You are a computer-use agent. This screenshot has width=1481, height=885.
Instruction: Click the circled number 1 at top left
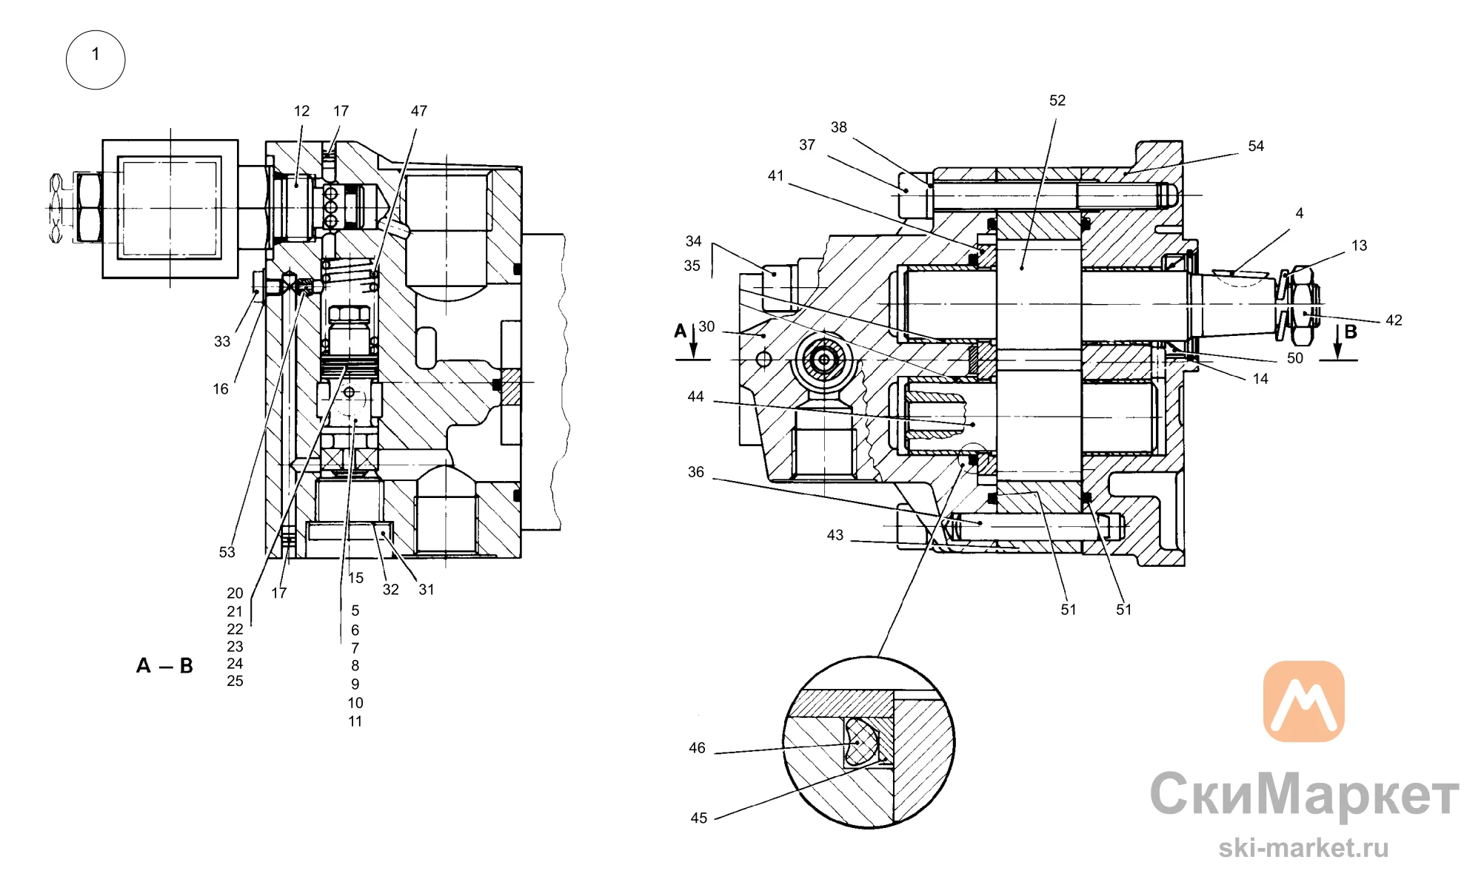point(96,60)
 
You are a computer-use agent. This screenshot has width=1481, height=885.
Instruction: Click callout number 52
point(1057,101)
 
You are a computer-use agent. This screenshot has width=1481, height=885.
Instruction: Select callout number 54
point(1256,147)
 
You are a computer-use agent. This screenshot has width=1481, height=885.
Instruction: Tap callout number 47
point(419,111)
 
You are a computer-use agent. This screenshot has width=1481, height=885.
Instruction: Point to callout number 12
point(301,111)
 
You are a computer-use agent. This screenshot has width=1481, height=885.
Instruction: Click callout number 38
point(838,127)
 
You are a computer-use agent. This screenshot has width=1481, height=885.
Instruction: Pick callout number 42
point(1394,320)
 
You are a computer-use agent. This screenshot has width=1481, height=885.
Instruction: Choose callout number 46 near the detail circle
point(697,748)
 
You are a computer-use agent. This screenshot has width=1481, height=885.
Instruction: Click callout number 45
point(699,818)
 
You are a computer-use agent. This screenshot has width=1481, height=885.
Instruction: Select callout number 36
point(696,472)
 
